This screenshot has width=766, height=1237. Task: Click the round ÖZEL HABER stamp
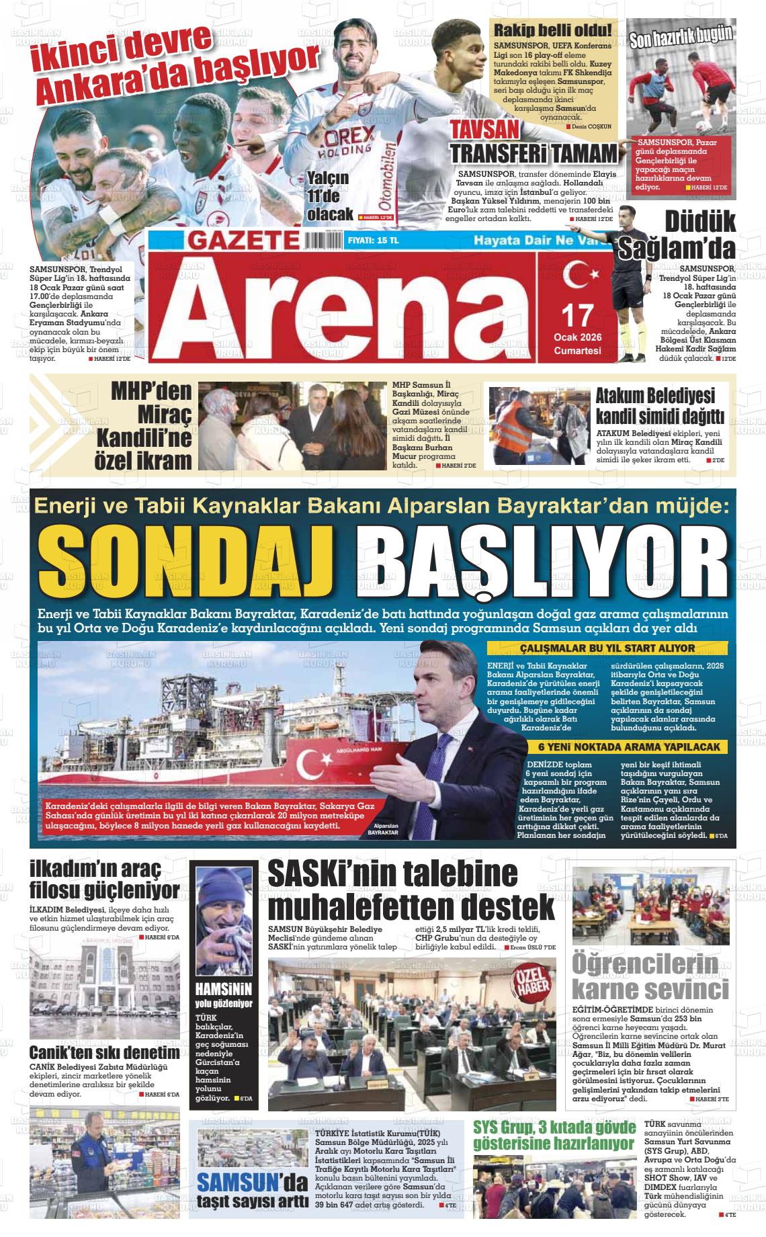point(535,976)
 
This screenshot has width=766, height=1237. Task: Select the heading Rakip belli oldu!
point(553,30)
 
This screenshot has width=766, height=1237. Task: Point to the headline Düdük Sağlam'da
point(699,235)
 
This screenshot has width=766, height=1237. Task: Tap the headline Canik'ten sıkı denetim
point(105,1053)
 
